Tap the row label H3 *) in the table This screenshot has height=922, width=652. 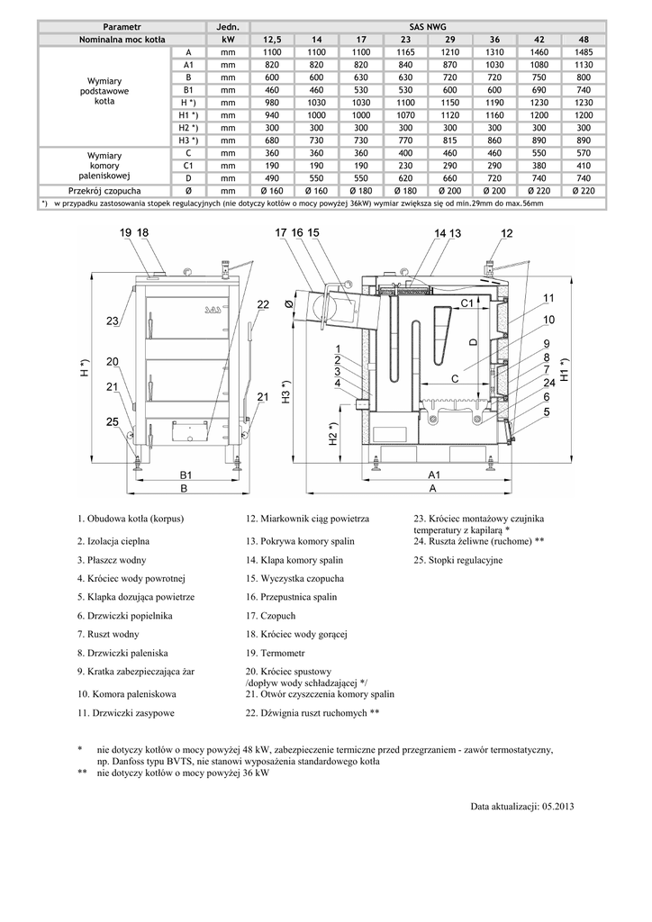pos(188,140)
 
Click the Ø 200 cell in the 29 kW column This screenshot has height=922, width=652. pos(448,191)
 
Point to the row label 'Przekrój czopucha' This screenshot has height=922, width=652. pos(104,191)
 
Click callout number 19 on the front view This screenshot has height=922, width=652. pos(124,233)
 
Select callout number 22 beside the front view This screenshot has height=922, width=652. pos(263,305)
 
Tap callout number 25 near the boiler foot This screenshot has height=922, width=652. pos(112,421)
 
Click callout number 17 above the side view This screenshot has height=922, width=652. pos(280,233)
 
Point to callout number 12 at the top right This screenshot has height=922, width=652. pos(507,233)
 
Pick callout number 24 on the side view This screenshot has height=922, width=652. pos(548,383)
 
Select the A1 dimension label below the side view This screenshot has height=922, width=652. pos(432,474)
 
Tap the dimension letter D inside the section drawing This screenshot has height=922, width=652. pos(473,342)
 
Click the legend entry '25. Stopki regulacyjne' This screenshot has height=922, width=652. pos(458,560)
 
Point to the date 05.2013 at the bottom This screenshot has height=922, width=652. pos(557,806)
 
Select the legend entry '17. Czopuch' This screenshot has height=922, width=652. pos(270,616)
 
